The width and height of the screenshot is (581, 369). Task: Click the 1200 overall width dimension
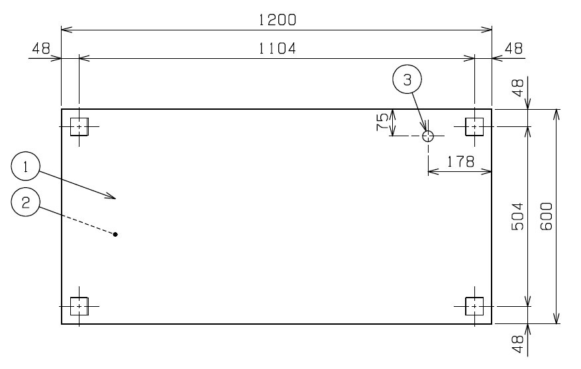tap(277, 20)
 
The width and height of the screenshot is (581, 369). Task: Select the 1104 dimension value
tap(277, 48)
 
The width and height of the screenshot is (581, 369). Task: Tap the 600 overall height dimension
tap(547, 216)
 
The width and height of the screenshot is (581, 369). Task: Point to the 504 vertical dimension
tap(517, 216)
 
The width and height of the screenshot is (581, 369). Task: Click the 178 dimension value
tap(460, 161)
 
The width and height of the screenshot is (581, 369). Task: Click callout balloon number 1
tap(26, 167)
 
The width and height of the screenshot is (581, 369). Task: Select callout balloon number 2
tap(26, 202)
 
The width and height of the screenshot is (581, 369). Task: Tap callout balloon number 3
tap(407, 79)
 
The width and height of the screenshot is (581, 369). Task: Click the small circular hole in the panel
tap(428, 136)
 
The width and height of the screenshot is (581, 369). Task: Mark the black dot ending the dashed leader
tap(115, 234)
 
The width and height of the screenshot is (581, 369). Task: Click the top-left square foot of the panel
tap(79, 127)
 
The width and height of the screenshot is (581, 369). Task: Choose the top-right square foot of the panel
tap(474, 127)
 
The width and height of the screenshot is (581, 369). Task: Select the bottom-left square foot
tap(79, 306)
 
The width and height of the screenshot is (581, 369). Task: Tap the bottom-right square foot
tap(474, 306)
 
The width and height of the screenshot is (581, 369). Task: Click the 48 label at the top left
tap(41, 48)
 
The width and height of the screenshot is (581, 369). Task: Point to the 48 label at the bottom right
tap(517, 345)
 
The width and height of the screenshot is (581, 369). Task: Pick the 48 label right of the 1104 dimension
tap(513, 48)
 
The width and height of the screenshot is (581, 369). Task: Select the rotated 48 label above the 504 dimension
tap(517, 88)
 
